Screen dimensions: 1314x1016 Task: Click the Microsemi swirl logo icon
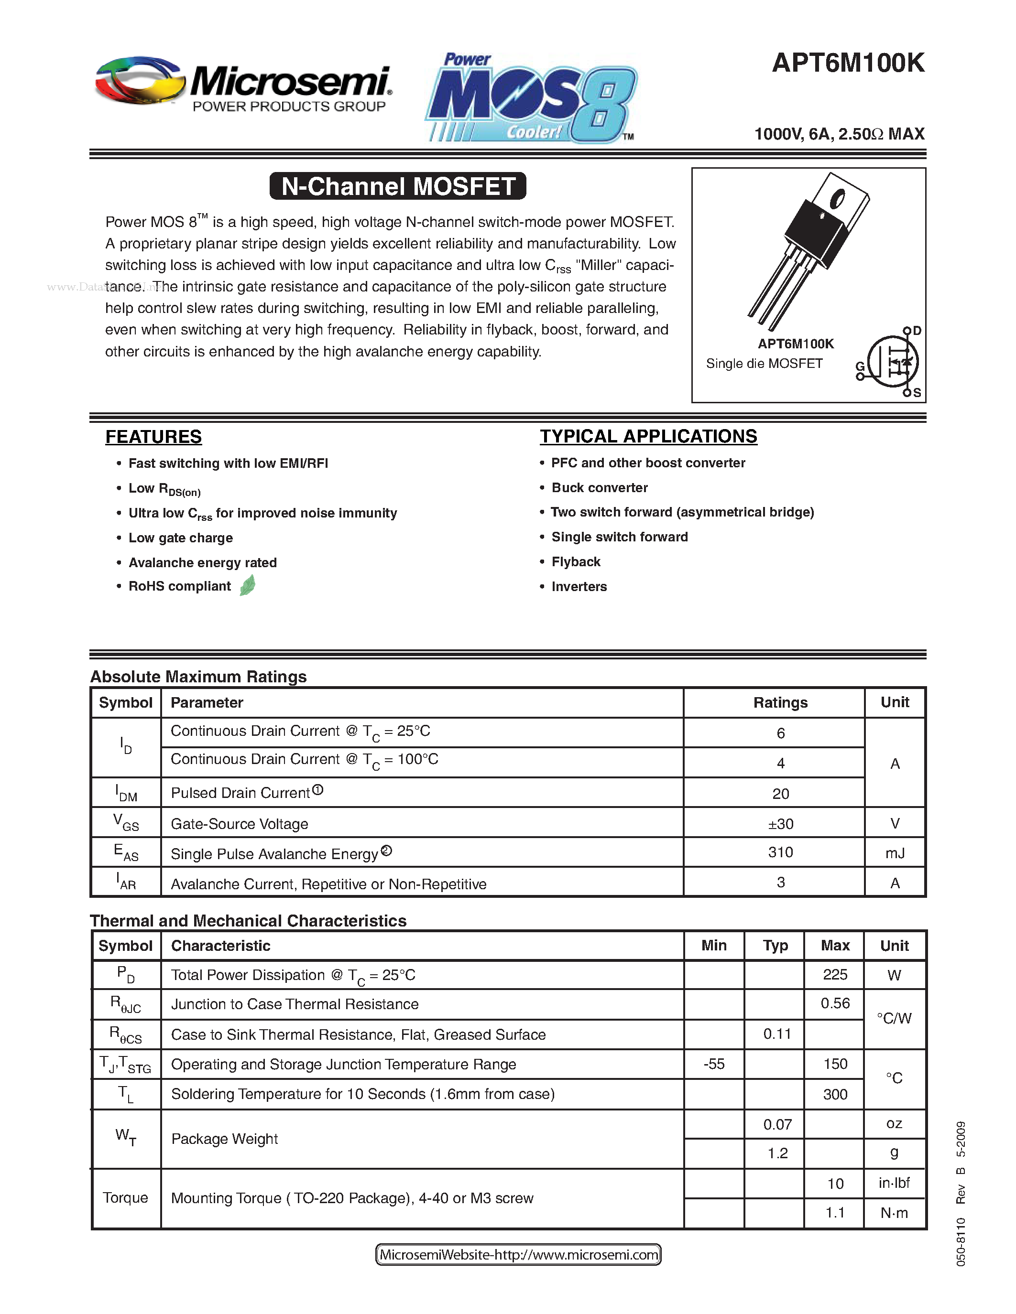(140, 81)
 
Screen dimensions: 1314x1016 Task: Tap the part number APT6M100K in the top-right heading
(848, 63)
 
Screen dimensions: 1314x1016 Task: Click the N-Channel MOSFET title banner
(398, 186)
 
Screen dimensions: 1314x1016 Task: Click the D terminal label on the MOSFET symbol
(917, 330)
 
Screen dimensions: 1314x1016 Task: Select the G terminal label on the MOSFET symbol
(860, 366)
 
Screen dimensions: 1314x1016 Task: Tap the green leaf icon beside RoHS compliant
(247, 585)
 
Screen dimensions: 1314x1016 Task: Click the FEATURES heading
(153, 436)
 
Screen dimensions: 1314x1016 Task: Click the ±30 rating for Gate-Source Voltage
(780, 824)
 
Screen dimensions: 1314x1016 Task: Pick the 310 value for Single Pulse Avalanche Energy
(780, 852)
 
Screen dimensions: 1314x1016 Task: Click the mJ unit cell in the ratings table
(895, 852)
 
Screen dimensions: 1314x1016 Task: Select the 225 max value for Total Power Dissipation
(835, 974)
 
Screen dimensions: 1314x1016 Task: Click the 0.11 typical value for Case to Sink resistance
(776, 1034)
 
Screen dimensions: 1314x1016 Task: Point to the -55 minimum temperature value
(714, 1064)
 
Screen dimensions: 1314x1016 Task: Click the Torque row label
(125, 1197)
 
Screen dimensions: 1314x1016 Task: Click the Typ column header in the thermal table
(775, 945)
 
